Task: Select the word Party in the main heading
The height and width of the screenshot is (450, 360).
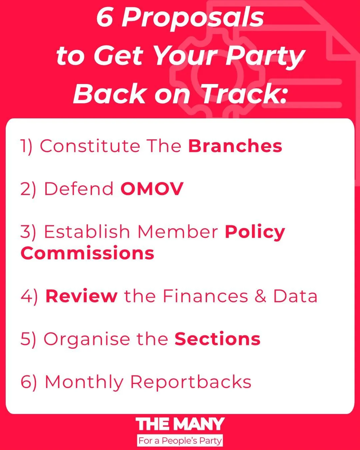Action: (265, 56)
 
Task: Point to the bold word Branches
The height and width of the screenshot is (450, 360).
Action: (235, 146)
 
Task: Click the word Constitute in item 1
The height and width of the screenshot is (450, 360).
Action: (90, 146)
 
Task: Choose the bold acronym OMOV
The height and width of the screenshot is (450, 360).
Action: (152, 189)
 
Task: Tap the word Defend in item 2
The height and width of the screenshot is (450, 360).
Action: (79, 189)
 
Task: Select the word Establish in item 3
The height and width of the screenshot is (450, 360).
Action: (87, 231)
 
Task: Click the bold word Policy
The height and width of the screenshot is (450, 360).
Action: (255, 232)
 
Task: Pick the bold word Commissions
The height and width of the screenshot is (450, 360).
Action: (87, 253)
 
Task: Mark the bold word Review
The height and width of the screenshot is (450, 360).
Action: (81, 296)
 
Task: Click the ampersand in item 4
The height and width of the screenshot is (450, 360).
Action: (260, 296)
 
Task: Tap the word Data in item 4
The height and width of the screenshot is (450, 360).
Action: (295, 296)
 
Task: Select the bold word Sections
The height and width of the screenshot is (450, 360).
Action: (217, 339)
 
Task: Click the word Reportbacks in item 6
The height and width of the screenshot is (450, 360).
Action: (190, 382)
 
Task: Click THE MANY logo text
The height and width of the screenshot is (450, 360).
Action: (180, 424)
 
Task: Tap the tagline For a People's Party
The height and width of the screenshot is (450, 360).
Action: (180, 441)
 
